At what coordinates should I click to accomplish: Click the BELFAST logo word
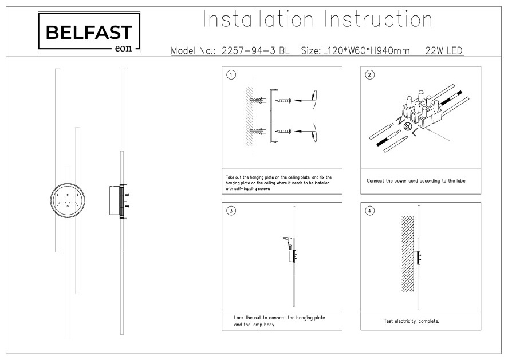coord(89,32)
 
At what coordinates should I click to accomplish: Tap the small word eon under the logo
coord(124,48)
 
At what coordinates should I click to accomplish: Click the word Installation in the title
coord(258,19)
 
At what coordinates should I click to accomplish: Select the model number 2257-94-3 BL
coord(255,50)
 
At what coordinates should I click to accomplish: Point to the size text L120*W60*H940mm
coord(366,50)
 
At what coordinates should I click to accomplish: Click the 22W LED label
coord(443,50)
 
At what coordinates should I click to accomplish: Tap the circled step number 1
coord(231,75)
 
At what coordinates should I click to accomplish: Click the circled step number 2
coord(369,75)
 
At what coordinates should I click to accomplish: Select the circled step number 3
coord(231,211)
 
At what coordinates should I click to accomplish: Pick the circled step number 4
coord(369,211)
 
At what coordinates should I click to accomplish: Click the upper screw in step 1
coord(283,101)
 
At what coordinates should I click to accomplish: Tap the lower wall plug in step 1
coord(258,132)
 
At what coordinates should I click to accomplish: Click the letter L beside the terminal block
coord(415,132)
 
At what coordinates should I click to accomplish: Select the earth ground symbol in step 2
coord(408,126)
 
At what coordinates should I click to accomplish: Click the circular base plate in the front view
coord(68,200)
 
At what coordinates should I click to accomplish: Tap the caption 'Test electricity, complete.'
coord(411,321)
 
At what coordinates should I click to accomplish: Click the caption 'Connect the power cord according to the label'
coord(416,181)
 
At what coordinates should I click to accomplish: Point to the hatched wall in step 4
coord(408,254)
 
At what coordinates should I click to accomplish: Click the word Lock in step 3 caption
coord(239,318)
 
